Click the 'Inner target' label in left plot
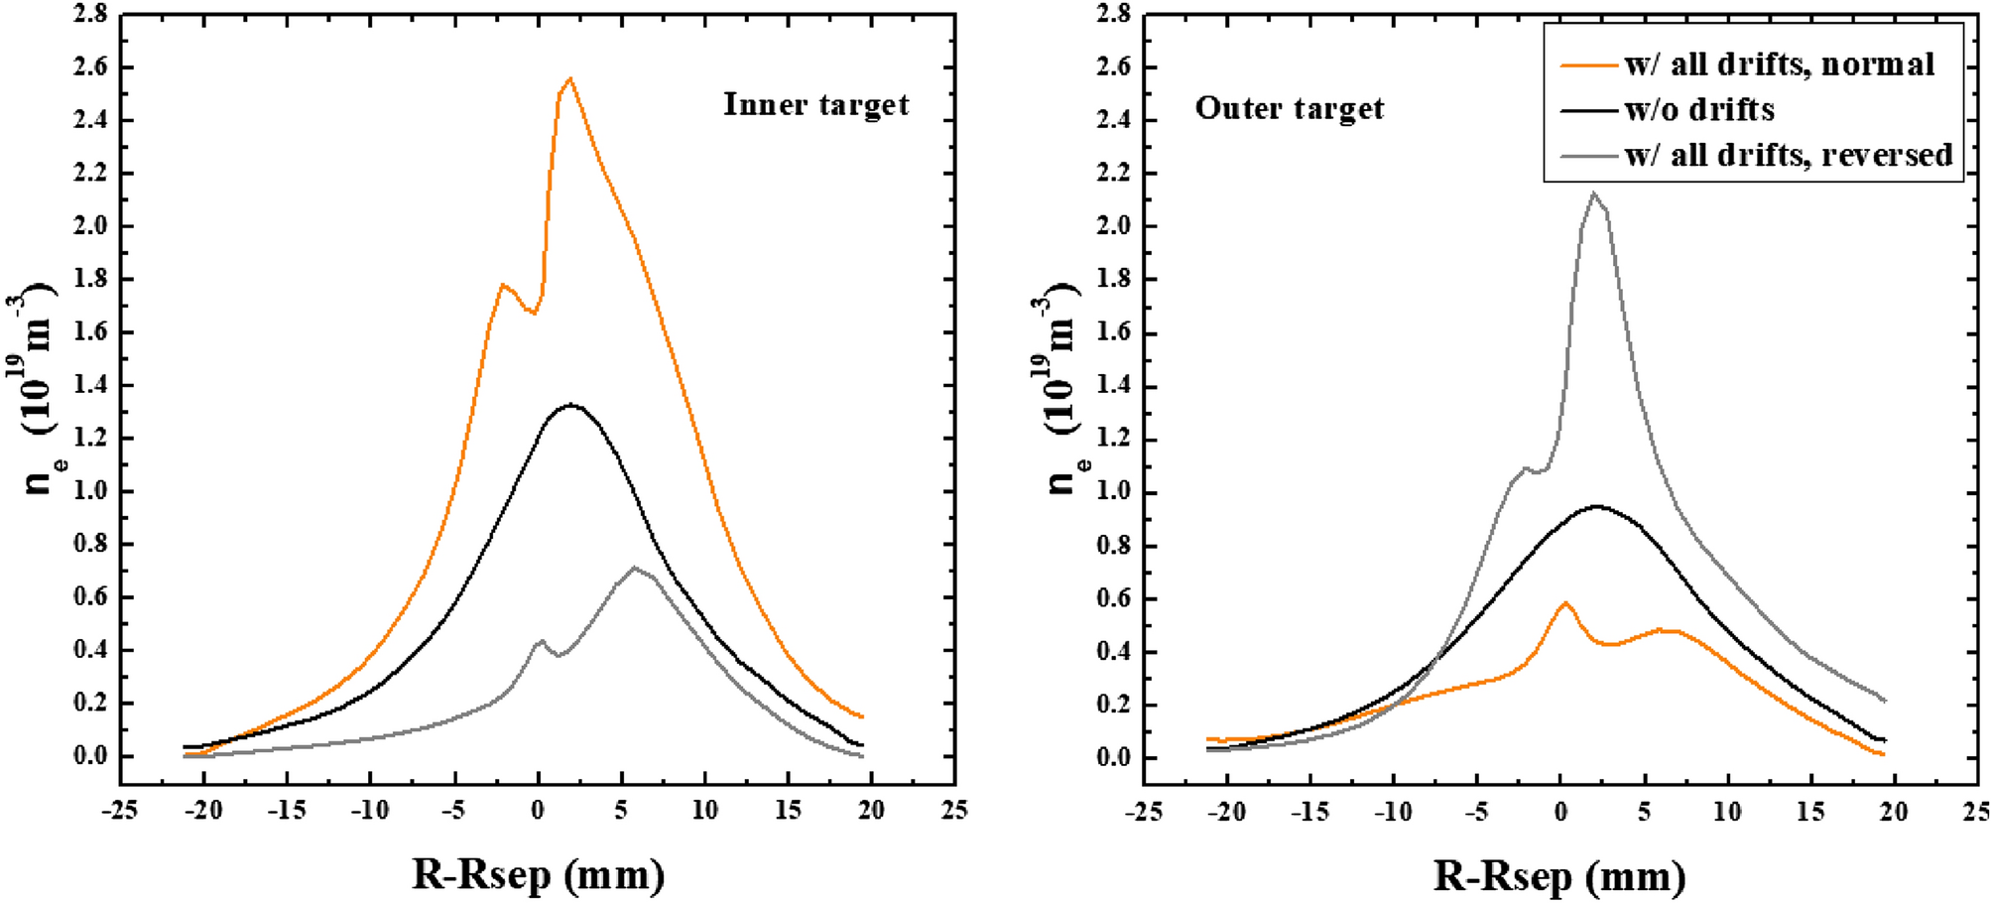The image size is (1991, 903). (x=815, y=105)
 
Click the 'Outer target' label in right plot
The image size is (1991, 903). (x=1289, y=108)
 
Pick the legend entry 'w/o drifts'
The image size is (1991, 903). (x=1699, y=109)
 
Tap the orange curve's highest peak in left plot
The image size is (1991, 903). (x=569, y=78)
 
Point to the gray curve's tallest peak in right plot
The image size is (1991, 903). (x=1593, y=193)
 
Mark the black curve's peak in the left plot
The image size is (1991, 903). (x=571, y=404)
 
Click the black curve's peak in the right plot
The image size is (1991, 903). (x=1596, y=506)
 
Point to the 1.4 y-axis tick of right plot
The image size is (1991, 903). (x=1114, y=386)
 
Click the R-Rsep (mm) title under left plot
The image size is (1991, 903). (x=538, y=875)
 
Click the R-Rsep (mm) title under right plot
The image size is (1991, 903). (x=1559, y=876)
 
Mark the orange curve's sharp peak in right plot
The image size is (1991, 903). (x=1565, y=602)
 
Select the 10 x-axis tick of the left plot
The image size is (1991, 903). (x=704, y=811)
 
